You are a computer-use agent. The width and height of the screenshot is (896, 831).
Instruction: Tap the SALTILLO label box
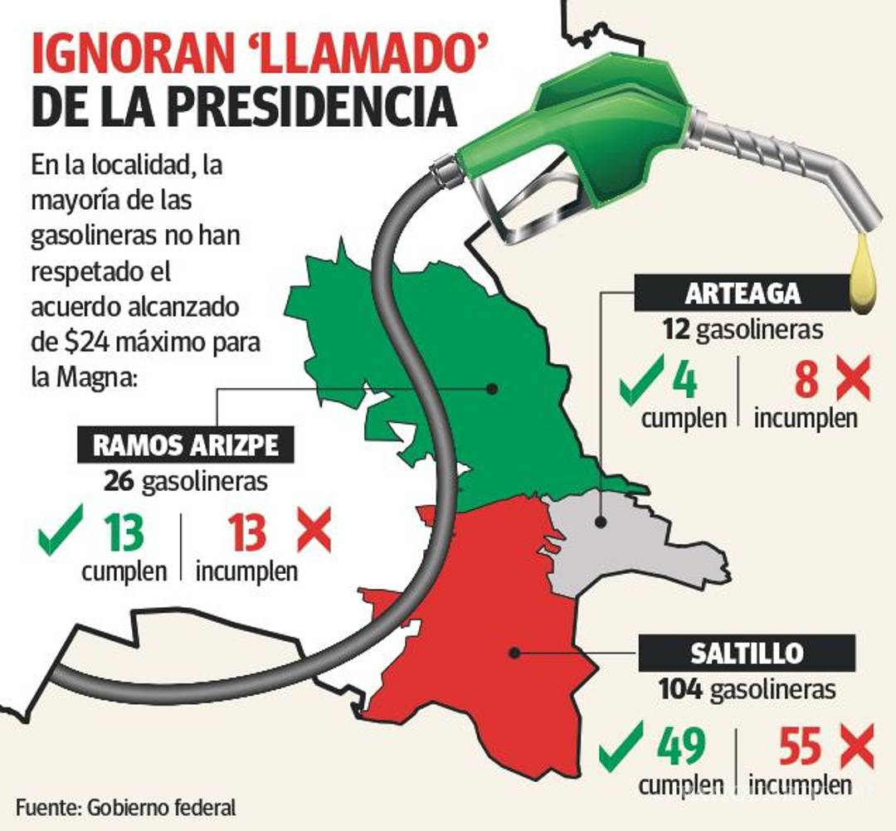pos(746,653)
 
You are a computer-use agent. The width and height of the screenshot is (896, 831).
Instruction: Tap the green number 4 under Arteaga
pos(684,382)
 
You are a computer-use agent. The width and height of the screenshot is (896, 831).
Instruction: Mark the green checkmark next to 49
pos(621,744)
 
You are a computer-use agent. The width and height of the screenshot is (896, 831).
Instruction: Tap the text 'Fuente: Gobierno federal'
pos(125,807)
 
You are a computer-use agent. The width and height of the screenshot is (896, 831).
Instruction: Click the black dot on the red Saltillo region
pos(514,653)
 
